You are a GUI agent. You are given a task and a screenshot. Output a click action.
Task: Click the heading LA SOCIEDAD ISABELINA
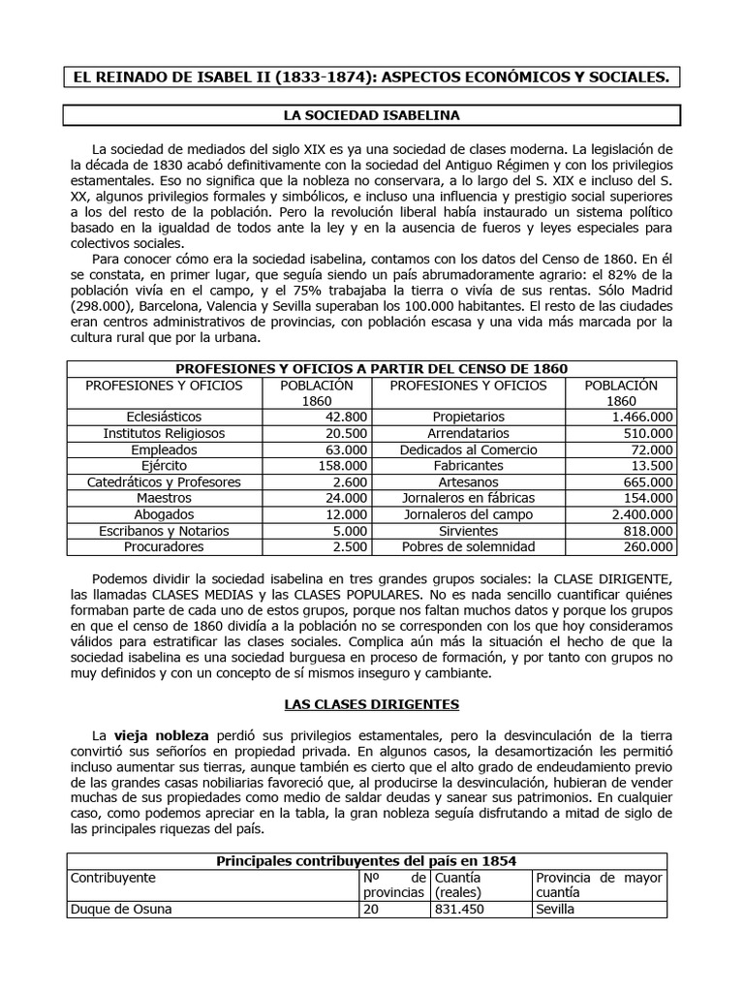(371, 115)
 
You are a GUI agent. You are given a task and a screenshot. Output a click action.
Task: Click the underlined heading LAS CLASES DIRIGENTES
(371, 703)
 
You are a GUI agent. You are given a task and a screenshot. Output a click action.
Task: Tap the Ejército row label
(156, 466)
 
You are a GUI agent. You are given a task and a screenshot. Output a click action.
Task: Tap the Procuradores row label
(156, 547)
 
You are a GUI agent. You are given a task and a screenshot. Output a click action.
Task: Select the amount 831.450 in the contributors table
(461, 910)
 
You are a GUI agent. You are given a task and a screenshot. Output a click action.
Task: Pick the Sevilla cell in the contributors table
(554, 910)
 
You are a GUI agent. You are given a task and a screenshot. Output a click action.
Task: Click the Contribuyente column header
(111, 878)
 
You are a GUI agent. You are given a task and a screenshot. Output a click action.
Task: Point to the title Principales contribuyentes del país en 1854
(366, 860)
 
